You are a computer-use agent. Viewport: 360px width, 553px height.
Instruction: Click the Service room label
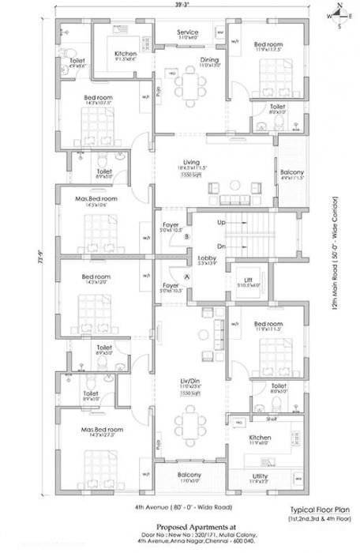pos(188,32)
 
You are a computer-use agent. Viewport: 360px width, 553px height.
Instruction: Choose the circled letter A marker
pos(187,276)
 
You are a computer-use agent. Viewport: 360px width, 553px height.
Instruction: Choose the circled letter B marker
pos(187,236)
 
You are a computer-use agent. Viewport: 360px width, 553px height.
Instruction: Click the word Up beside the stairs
pos(223,224)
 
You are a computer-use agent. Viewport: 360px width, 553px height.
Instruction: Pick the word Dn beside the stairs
pos(223,246)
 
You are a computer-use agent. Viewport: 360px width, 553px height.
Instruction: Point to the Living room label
pos(187,160)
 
